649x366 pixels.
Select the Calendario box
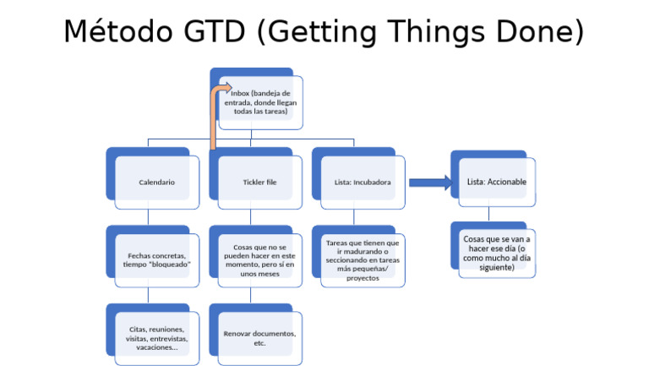[x=157, y=182]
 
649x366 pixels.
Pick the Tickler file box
[x=259, y=182]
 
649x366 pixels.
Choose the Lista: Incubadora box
[x=363, y=182]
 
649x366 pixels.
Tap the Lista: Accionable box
[x=496, y=182]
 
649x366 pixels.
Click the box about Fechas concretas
[x=157, y=259]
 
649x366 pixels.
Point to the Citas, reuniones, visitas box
[x=157, y=337]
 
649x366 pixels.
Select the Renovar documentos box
[x=259, y=337]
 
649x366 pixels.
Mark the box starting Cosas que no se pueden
[x=259, y=259]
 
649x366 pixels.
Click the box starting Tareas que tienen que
[x=363, y=259]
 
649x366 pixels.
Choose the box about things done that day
[x=496, y=253]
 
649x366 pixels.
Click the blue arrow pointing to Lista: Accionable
[x=429, y=183]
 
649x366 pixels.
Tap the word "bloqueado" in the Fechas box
[x=169, y=265]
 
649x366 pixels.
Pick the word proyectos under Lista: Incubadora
[x=363, y=278]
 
